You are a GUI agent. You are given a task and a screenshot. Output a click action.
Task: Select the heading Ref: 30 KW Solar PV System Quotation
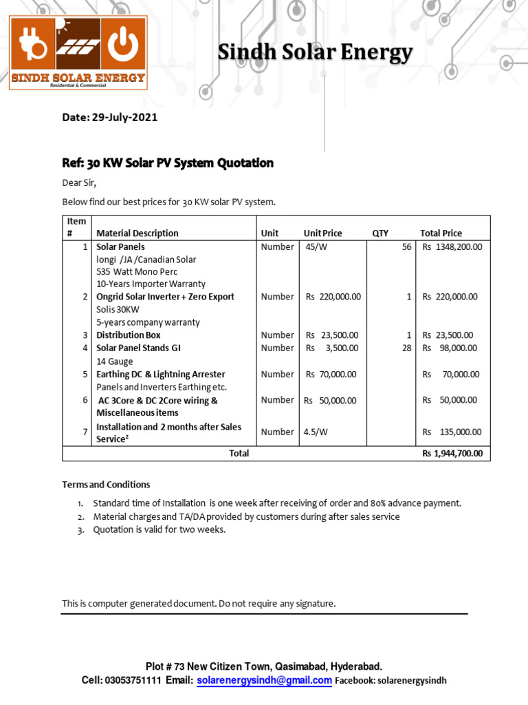(x=168, y=163)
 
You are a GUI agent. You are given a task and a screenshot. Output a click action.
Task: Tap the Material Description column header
(x=137, y=233)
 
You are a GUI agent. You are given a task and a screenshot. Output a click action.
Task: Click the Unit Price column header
(x=322, y=233)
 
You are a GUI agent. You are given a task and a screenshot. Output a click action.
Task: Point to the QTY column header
(x=380, y=233)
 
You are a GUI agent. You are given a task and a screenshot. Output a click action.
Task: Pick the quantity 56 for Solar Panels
(x=406, y=246)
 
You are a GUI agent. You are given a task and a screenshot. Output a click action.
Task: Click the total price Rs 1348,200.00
(x=452, y=246)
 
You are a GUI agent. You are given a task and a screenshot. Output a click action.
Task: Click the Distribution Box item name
(x=129, y=335)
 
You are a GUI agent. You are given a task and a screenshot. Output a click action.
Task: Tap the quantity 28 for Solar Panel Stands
(x=406, y=348)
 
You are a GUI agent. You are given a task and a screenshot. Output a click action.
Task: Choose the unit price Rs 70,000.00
(x=331, y=375)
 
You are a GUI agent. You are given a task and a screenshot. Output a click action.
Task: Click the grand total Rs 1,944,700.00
(x=452, y=454)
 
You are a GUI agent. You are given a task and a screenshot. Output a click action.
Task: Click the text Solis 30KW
(x=118, y=310)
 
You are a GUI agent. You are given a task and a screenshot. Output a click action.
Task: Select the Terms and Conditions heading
(x=106, y=485)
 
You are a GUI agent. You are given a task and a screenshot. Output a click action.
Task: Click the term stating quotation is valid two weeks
(x=159, y=529)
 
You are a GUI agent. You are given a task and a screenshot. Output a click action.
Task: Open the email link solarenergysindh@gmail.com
(x=264, y=680)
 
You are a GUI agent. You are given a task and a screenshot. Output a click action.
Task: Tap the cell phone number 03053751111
(x=133, y=680)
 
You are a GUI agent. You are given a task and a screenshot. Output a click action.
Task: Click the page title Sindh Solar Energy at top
(x=316, y=52)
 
